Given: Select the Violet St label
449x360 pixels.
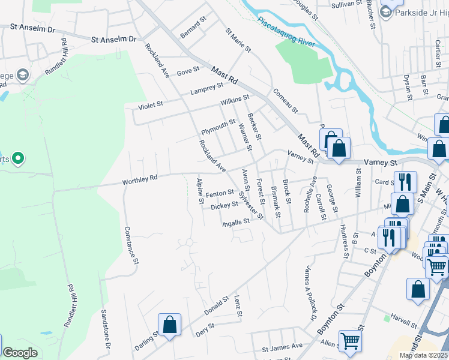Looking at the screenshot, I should (151, 106).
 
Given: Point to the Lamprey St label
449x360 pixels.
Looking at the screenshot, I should (206, 89).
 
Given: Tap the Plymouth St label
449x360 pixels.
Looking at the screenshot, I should (218, 127).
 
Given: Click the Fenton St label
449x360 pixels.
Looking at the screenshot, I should (219, 193).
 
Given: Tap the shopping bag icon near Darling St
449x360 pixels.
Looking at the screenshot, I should (170, 324).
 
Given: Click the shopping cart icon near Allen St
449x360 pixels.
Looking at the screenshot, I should (350, 341).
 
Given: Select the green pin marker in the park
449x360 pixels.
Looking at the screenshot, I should (18, 158).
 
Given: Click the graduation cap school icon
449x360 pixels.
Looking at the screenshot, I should (23, 74).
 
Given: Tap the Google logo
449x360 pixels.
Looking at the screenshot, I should (20, 353).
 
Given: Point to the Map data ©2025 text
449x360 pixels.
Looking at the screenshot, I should (423, 355).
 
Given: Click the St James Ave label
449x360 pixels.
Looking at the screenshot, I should (282, 347).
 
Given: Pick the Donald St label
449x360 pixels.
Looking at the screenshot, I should (217, 305).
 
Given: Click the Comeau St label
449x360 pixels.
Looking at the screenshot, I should (285, 101).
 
